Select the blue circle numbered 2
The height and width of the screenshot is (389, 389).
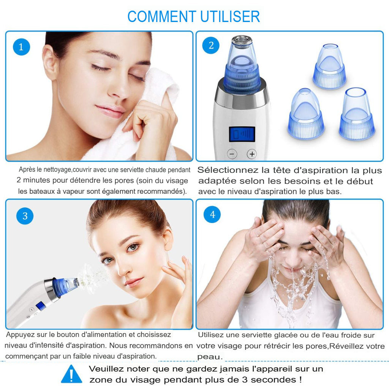[211, 46]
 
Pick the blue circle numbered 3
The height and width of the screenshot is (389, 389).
[25, 216]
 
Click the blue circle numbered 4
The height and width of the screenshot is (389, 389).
[212, 215]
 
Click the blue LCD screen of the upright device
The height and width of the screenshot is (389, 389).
[242, 134]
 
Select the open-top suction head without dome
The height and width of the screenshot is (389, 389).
[357, 114]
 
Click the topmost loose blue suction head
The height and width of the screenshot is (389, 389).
[329, 66]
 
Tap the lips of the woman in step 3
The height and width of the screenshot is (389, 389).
[134, 282]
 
